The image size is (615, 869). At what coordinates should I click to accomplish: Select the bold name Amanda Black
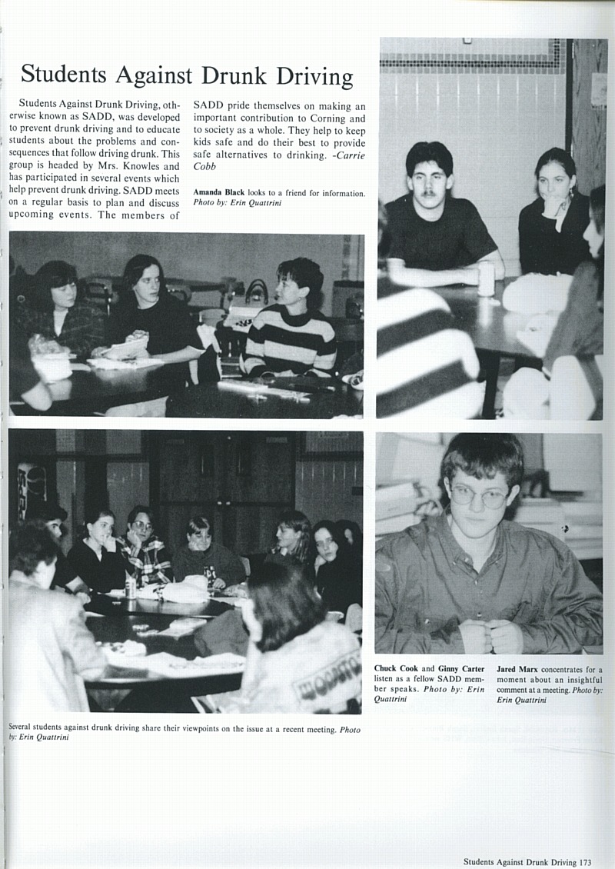[x=218, y=192]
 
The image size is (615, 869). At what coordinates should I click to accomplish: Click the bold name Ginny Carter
[x=461, y=669]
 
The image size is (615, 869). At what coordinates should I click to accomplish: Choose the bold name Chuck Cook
[x=396, y=669]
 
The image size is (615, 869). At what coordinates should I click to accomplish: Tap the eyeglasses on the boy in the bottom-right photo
[x=479, y=496]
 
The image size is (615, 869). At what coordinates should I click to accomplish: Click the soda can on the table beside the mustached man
[x=486, y=278]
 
